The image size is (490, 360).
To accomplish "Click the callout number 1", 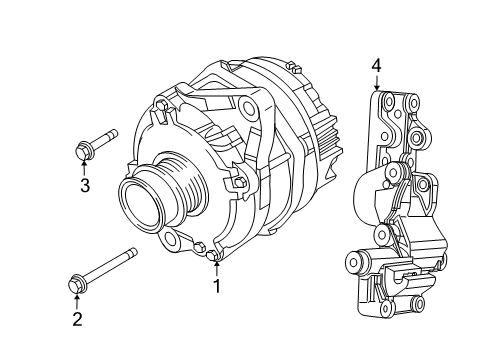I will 214,286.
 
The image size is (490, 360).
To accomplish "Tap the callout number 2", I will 76,320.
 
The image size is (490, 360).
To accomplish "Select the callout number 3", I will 85,185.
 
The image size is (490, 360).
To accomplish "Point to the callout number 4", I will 377,67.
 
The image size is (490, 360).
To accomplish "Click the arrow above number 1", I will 214,268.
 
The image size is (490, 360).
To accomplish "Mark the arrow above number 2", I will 76,302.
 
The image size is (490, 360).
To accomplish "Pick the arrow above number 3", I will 85,167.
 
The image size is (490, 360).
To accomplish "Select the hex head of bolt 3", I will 83,152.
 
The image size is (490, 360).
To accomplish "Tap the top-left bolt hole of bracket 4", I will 388,103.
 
